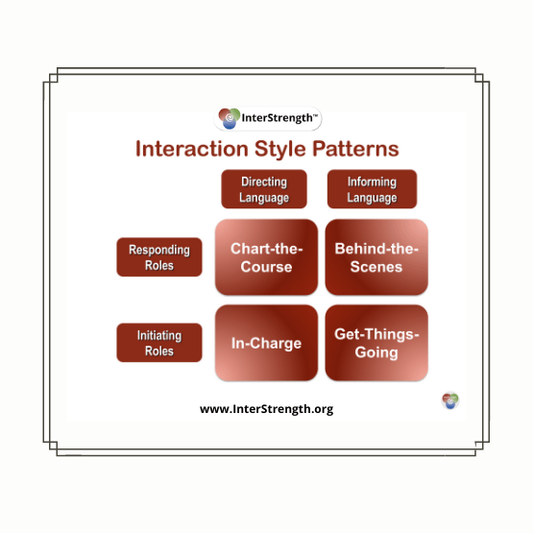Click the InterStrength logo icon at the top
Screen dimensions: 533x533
pos(230,118)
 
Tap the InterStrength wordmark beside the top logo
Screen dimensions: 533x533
pos(279,118)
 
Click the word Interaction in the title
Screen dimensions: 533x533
pos(192,149)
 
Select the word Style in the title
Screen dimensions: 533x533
pos(280,149)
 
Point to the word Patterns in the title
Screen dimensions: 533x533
pos(355,149)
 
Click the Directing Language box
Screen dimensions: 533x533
pos(264,189)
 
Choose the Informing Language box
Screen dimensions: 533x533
pos(372,189)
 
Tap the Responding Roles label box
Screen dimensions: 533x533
pos(159,257)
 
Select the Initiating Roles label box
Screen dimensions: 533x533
pos(159,343)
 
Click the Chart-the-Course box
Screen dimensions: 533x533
pos(267,257)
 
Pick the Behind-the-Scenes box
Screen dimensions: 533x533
pos(376,257)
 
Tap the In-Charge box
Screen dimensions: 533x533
pos(267,343)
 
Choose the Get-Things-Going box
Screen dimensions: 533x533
pos(376,343)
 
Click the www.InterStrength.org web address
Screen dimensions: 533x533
pos(267,409)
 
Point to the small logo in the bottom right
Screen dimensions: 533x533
pos(450,400)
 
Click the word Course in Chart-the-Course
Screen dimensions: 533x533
pos(267,267)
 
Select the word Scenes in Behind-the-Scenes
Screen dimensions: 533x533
pos(376,267)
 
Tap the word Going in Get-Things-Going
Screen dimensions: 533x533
pos(376,352)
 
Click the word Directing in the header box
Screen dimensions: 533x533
pos(264,182)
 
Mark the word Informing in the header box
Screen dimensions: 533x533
pos(372,182)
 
